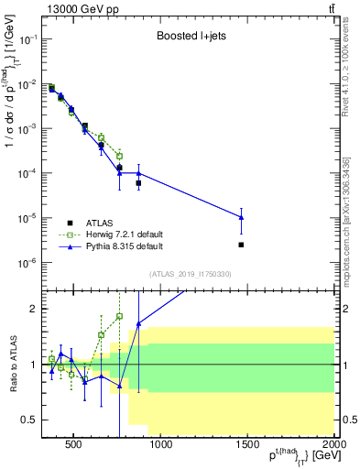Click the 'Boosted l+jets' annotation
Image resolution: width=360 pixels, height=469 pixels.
click(x=191, y=38)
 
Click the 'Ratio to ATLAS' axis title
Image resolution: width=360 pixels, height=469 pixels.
click(x=12, y=364)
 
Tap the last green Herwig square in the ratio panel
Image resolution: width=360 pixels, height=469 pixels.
click(x=120, y=316)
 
